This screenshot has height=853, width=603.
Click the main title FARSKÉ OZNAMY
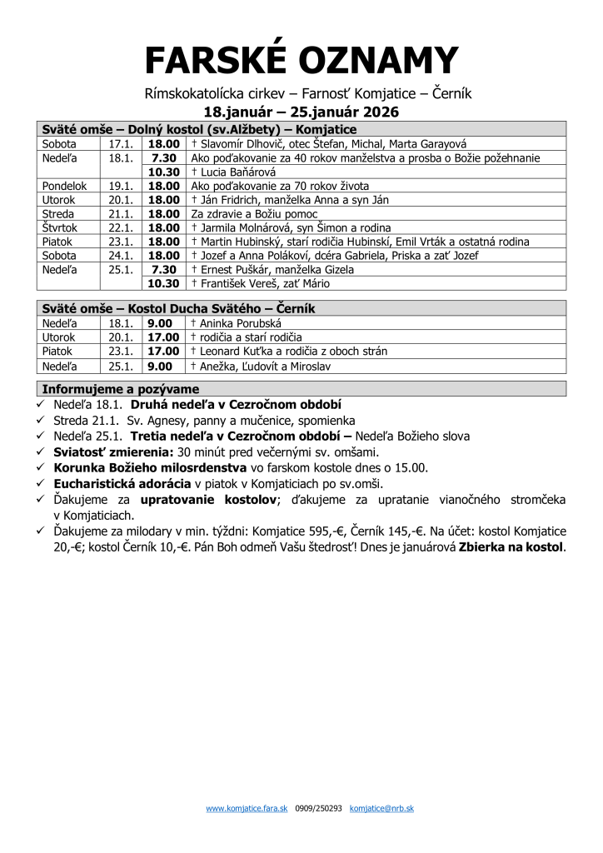[x=301, y=60]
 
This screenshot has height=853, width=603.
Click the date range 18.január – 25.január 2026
[x=301, y=112]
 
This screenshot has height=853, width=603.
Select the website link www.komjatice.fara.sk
[x=247, y=808]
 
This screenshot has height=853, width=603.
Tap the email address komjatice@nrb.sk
[x=382, y=808]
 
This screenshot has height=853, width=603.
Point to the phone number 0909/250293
[x=319, y=808]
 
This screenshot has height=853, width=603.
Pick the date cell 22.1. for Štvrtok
[x=121, y=227]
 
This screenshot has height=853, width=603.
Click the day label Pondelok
[x=64, y=186]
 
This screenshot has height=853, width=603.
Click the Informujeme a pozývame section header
[x=121, y=389]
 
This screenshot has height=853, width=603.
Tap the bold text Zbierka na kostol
[x=511, y=547]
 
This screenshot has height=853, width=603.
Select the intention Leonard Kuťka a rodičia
[x=288, y=352]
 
